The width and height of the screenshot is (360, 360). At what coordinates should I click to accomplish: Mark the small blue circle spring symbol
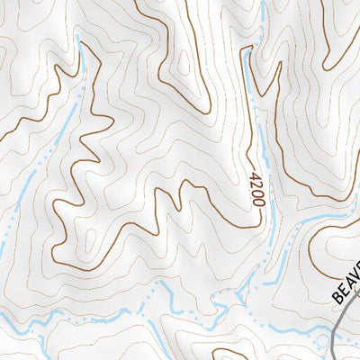322,340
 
